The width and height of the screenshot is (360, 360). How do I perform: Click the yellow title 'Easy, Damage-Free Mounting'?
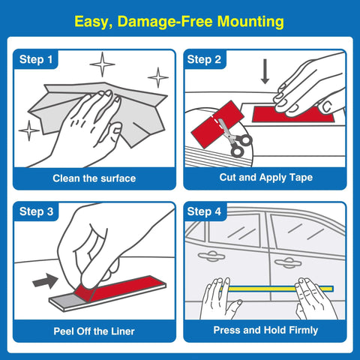click(x=180, y=22)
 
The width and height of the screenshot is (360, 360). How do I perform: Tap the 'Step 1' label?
click(x=36, y=59)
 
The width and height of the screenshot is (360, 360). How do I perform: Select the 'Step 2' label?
click(x=204, y=59)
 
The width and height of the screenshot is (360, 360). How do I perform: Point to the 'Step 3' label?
click(x=36, y=212)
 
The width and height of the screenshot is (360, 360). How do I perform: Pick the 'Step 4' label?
click(x=204, y=212)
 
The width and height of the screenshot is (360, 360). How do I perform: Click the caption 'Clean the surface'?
click(x=94, y=178)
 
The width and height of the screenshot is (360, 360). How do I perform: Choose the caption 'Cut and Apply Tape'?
click(x=266, y=178)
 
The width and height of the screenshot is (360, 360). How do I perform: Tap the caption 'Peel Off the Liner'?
click(x=94, y=330)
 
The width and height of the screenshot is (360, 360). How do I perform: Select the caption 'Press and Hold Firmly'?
click(x=266, y=330)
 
